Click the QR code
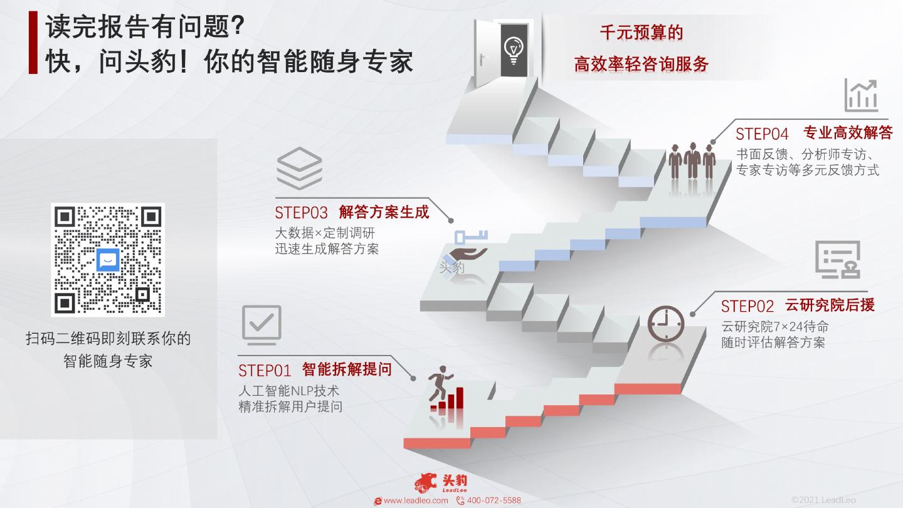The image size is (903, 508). coord(107,260)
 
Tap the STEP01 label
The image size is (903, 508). coord(265,371)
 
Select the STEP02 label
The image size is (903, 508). coord(747,306)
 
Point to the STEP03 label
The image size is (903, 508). coord(301,213)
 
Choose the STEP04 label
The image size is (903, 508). coord(762,134)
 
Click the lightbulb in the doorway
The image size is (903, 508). coord(513,48)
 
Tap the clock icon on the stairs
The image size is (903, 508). coord(665,324)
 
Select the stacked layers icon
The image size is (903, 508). coord(299,167)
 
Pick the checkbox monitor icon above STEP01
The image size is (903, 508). coord(261,325)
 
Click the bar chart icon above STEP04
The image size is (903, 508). coord(861,95)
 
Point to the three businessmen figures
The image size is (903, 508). coord(692,161)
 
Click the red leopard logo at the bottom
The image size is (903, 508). coord(426,482)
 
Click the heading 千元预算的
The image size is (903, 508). coord(641,33)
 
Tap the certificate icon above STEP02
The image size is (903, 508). coord(838,259)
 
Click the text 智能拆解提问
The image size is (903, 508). coord(347,369)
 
